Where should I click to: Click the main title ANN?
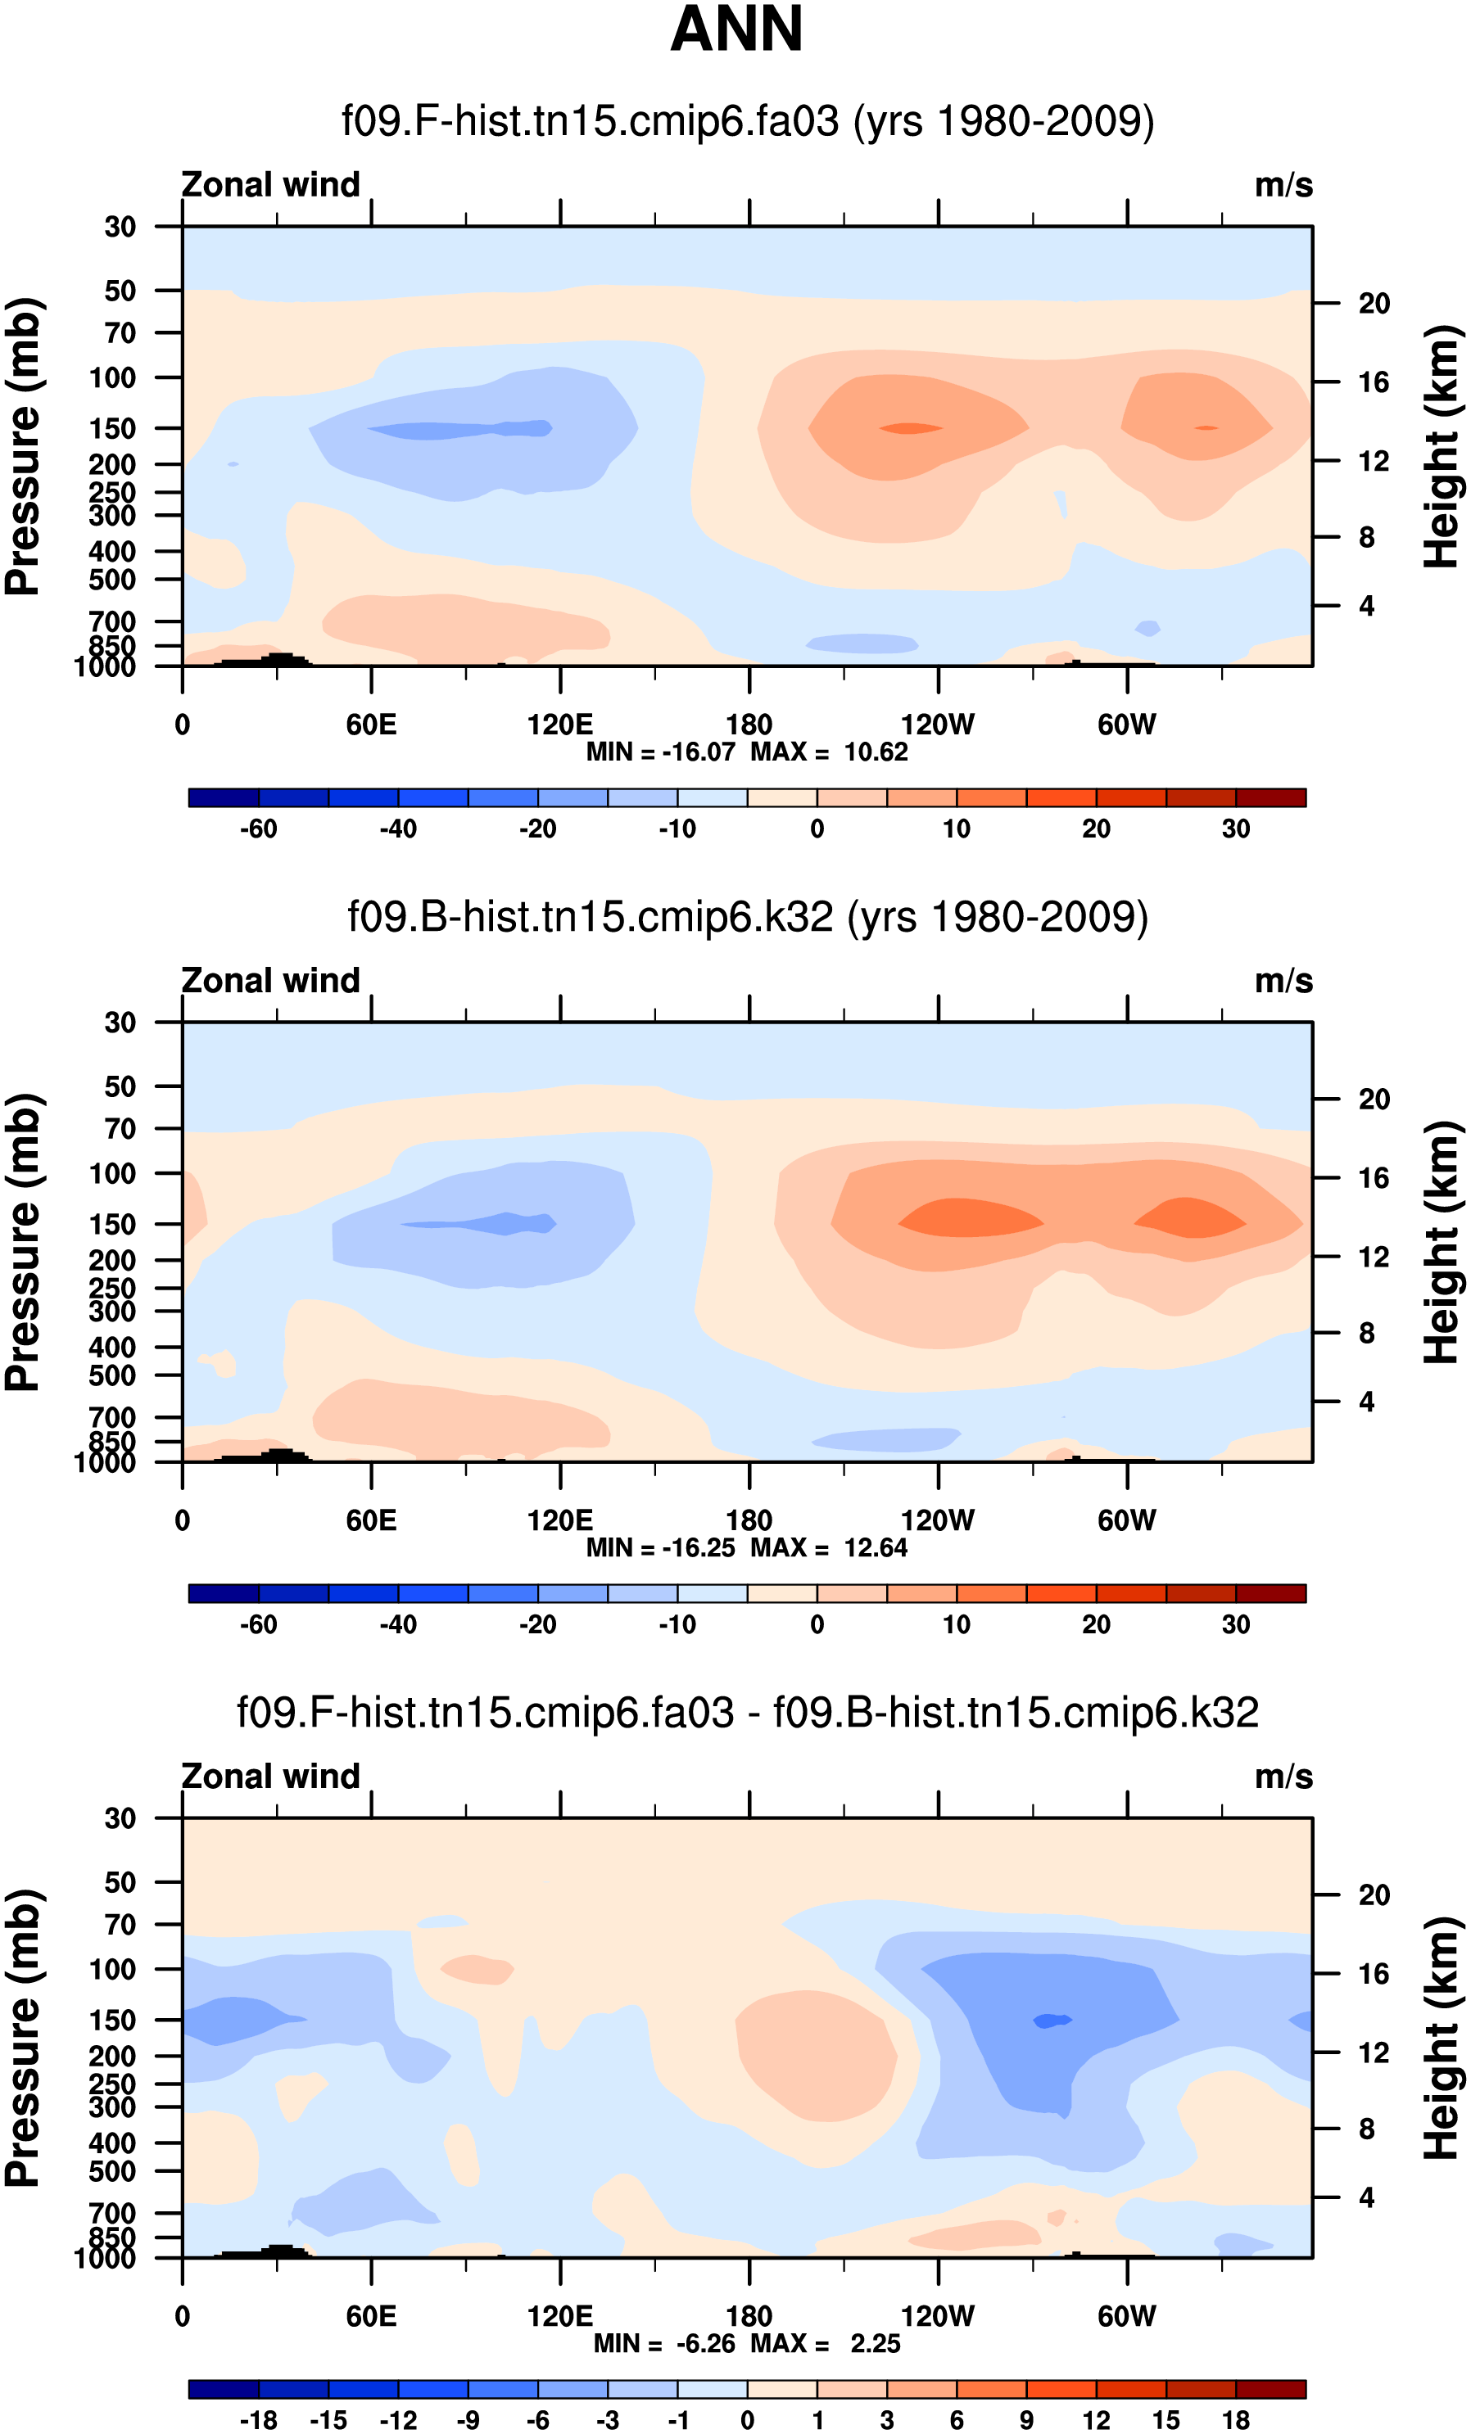[736, 29]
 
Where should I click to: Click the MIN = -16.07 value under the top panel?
[661, 752]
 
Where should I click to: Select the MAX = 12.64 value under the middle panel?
[829, 1548]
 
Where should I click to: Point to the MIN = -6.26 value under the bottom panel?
[665, 2344]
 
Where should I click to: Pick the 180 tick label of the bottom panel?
[749, 2316]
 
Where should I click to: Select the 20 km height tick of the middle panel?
[1374, 1100]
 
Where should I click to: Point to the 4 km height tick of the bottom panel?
[1366, 2198]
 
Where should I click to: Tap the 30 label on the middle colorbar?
[1236, 1625]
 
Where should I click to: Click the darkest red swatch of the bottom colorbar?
[1270, 2390]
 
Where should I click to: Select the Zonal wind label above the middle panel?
[270, 981]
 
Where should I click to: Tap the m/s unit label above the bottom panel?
[1283, 1777]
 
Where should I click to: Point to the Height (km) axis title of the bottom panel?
[1442, 2038]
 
